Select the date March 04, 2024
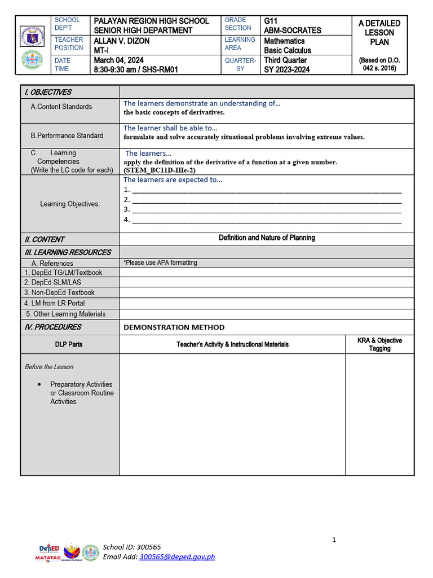[119, 60]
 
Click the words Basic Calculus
[288, 50]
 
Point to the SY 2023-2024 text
[286, 69]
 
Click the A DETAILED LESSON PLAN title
[379, 33]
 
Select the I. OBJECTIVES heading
[47, 92]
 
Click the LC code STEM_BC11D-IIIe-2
[160, 169]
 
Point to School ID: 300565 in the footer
[131, 547]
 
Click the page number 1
[334, 540]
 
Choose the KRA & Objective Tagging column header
[379, 344]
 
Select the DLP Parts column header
[69, 344]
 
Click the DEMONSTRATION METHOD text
[174, 327]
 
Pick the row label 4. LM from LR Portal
[55, 303]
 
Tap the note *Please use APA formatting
[160, 263]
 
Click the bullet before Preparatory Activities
[39, 384]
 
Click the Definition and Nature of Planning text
[267, 238]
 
